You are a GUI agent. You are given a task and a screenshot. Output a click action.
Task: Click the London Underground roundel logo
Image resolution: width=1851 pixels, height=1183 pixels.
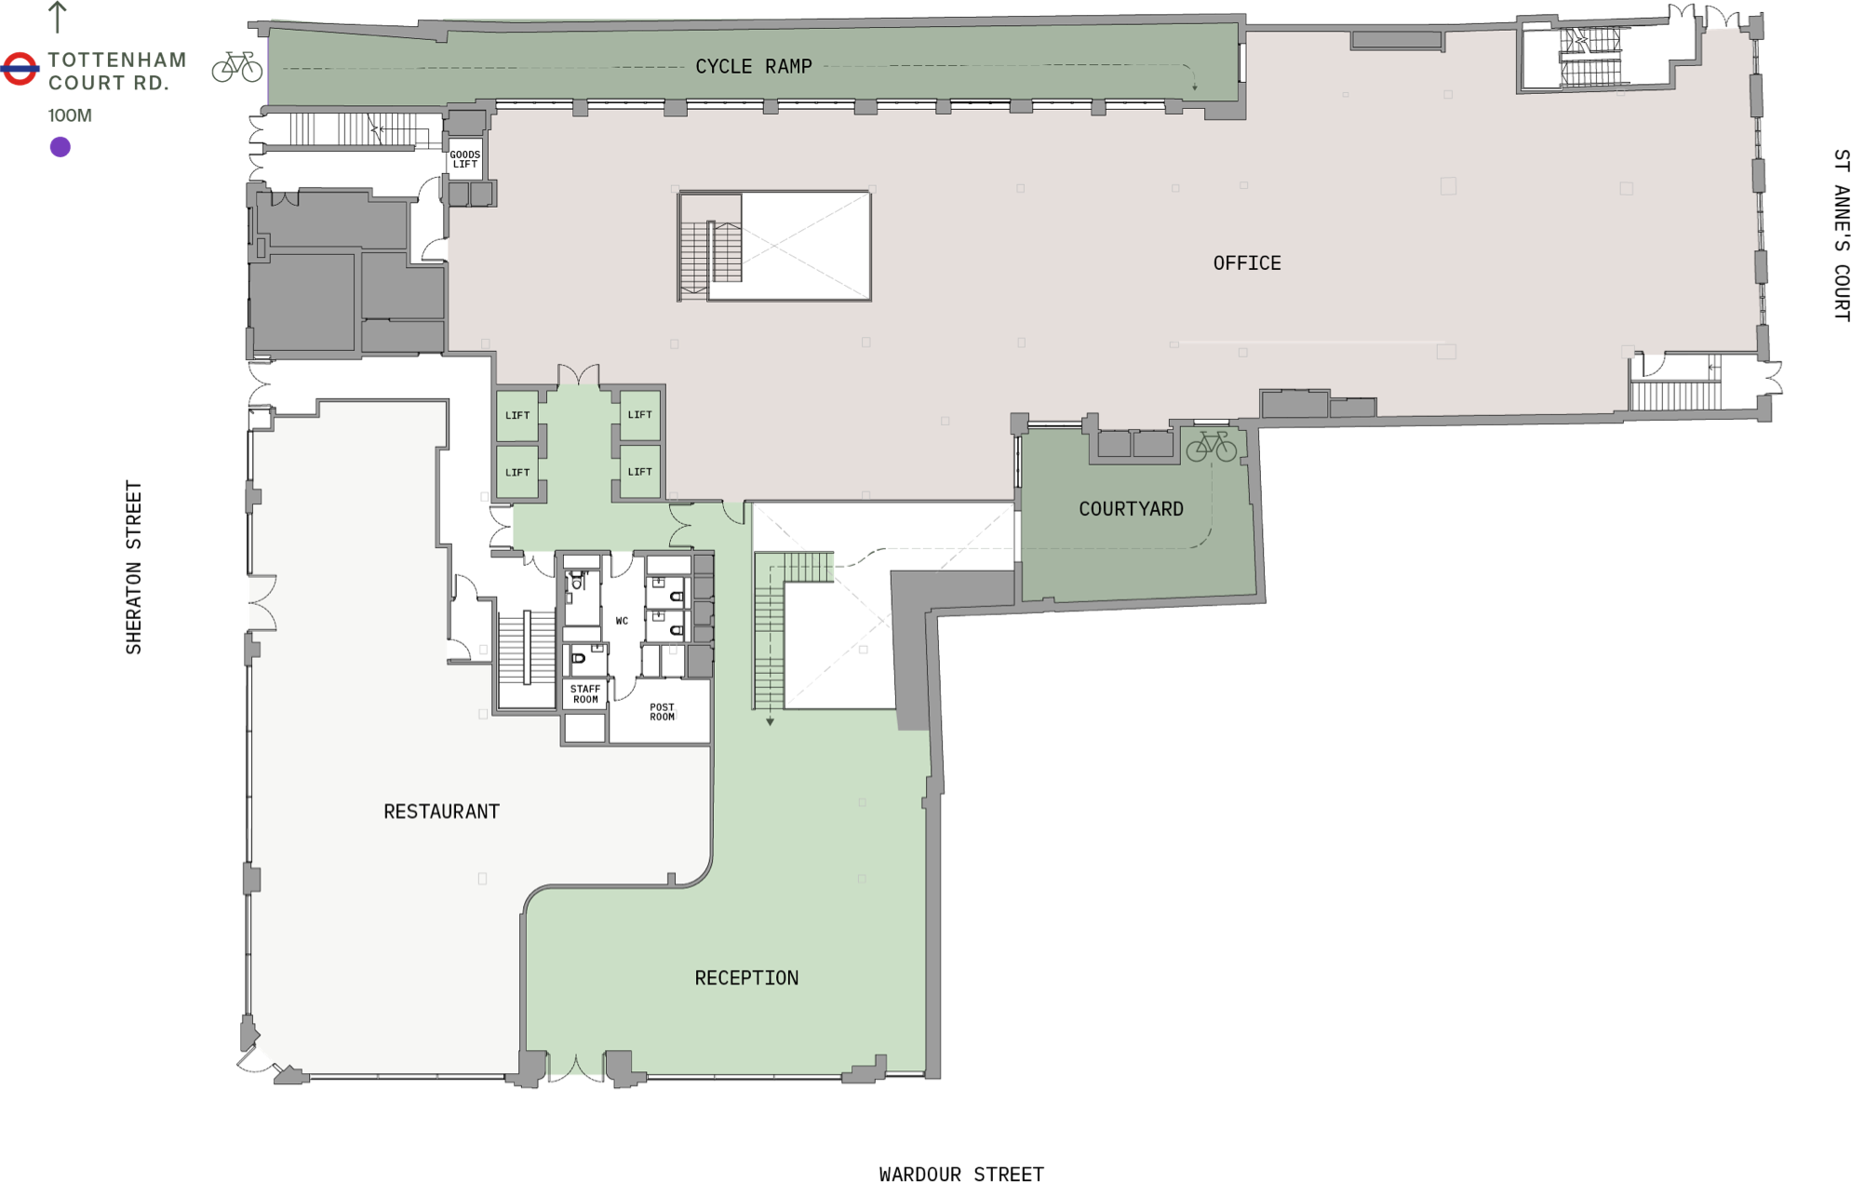[x=20, y=69]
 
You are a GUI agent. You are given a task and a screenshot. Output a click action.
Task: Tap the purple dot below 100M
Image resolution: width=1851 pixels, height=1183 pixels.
[x=60, y=147]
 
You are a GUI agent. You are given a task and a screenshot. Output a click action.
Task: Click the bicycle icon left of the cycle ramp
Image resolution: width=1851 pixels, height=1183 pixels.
[x=237, y=67]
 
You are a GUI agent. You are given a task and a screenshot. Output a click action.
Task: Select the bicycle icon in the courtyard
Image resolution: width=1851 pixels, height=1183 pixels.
[x=1211, y=447]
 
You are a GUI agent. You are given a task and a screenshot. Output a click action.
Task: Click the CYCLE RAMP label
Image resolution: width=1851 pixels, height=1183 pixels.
[x=754, y=66]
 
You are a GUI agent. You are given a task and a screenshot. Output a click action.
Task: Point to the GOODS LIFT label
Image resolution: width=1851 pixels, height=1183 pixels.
[x=465, y=159]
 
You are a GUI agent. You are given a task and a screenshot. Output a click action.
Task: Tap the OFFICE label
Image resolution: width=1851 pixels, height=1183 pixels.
[x=1247, y=263]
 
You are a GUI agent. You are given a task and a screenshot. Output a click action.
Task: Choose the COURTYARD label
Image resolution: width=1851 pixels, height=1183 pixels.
[x=1131, y=509]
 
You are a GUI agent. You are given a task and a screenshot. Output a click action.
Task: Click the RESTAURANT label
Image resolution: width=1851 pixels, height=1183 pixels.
[x=442, y=812]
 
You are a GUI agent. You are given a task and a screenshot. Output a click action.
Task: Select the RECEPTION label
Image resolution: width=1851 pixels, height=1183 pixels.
[x=746, y=978]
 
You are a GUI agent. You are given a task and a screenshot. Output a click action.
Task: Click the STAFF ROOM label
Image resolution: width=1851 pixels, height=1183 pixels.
[x=585, y=694]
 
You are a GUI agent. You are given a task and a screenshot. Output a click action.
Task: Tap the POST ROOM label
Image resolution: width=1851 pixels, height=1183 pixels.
[x=662, y=712]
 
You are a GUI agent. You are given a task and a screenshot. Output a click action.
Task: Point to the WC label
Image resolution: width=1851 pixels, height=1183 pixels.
[x=622, y=621]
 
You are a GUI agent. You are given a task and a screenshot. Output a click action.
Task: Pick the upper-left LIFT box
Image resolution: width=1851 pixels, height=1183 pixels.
[x=517, y=415]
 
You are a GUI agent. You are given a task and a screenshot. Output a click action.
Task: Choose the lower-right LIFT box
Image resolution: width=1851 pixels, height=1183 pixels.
[x=639, y=472]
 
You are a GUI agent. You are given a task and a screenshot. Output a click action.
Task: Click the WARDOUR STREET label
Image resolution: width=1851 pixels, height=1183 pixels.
[x=961, y=1175]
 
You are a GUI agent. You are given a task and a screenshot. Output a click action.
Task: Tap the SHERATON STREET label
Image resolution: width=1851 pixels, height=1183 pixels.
[x=134, y=568]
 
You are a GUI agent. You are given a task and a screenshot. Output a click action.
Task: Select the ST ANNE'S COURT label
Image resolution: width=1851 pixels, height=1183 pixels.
[x=1841, y=235]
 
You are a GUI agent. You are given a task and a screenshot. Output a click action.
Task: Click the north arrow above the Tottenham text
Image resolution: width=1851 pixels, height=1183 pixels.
[x=58, y=18]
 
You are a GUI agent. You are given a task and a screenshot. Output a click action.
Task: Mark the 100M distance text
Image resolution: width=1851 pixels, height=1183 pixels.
[x=70, y=115]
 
